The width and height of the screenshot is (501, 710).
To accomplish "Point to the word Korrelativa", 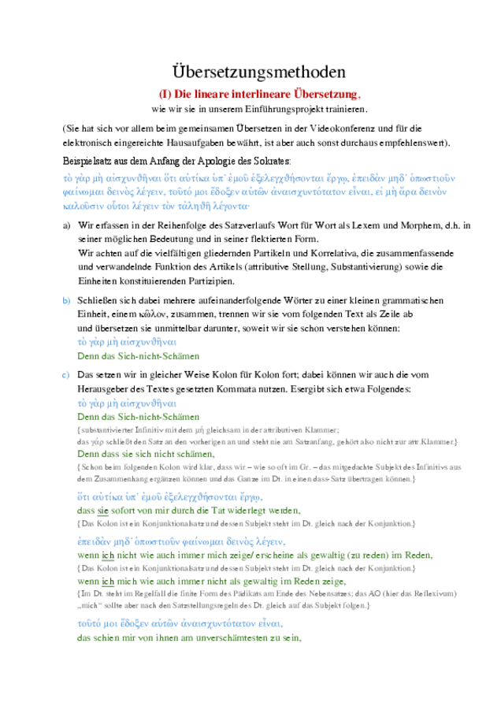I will (x=310, y=254).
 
